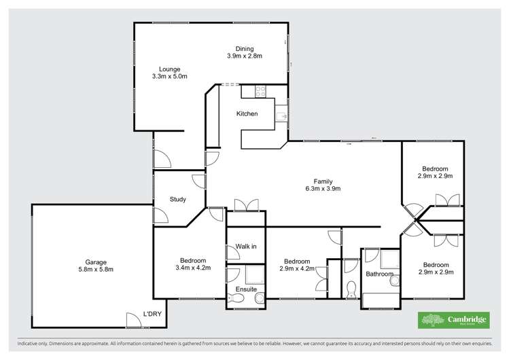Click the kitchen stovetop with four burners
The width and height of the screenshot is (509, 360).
tap(260, 91)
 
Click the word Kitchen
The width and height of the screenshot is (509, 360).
tap(247, 113)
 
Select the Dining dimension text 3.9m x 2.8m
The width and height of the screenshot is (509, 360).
tap(244, 56)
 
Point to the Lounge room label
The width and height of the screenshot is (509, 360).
tap(169, 69)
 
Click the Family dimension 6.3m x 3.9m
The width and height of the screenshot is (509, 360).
tap(322, 188)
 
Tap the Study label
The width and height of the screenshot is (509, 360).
tap(178, 200)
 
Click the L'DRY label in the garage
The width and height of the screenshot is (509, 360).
tap(151, 314)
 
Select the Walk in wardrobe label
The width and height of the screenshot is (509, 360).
tap(245, 246)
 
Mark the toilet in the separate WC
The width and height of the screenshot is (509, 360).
tap(351, 289)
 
